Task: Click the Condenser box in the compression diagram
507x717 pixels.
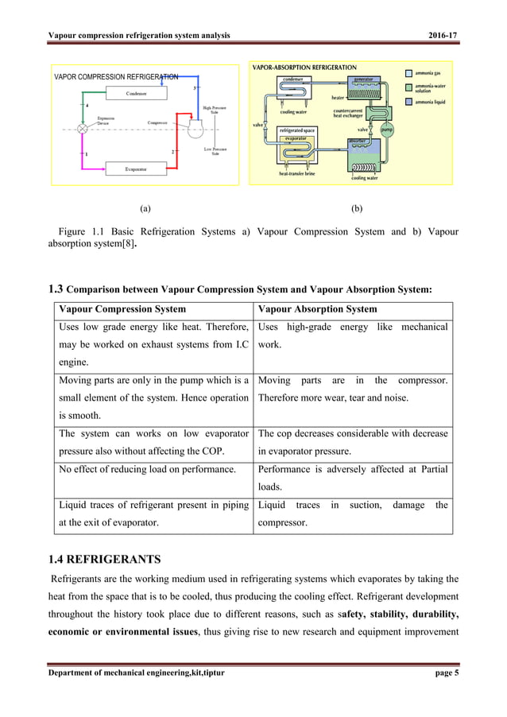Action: click(x=136, y=94)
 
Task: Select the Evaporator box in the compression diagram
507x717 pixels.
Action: click(x=136, y=169)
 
